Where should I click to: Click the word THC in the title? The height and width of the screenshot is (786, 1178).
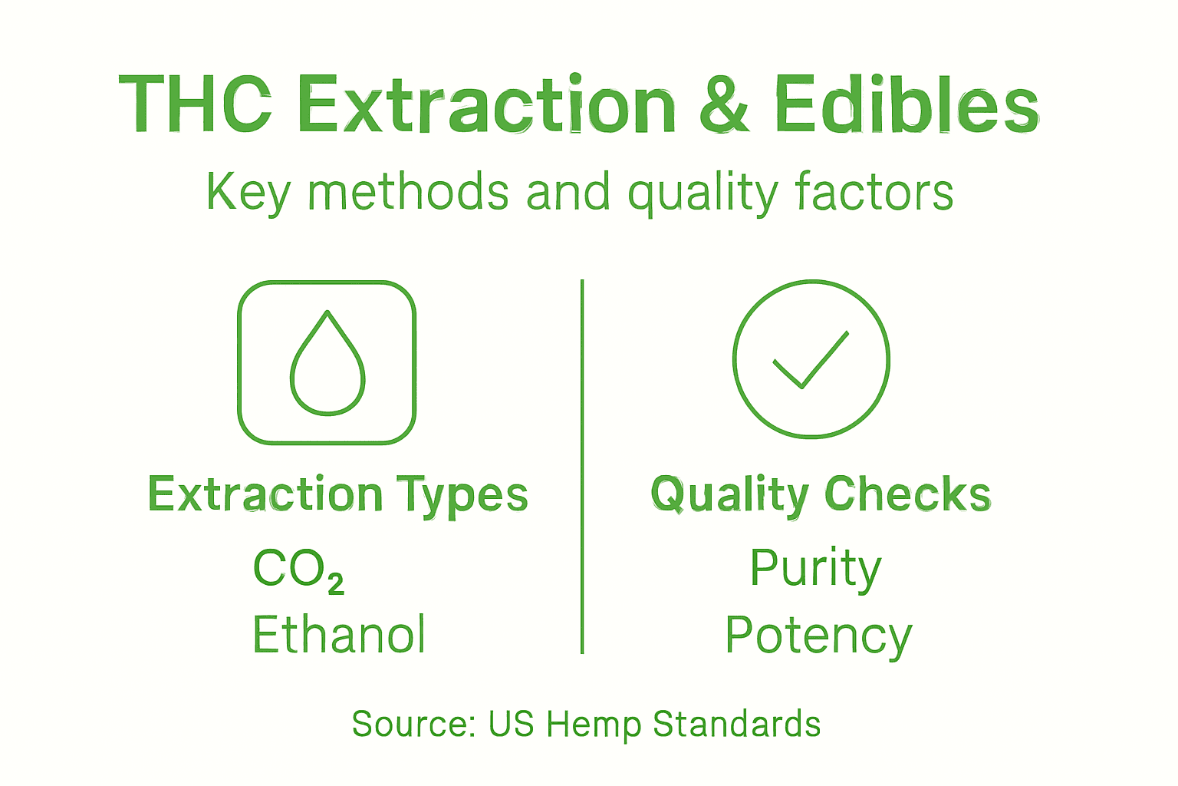point(196,104)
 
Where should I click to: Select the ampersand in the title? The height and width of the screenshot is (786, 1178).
point(724,104)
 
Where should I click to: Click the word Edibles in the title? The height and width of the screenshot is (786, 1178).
point(907,104)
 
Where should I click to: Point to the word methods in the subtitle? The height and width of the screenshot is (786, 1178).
point(408,192)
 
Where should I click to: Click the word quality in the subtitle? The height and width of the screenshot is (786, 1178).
point(703,193)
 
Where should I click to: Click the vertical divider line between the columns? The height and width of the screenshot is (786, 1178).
point(583,468)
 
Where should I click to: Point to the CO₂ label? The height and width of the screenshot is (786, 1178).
point(298,570)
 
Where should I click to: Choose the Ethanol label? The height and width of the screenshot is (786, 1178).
point(339,635)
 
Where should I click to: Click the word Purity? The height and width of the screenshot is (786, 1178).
point(815,570)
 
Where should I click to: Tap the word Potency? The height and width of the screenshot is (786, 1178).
point(818,636)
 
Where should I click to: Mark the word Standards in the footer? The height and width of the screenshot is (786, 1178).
point(737,724)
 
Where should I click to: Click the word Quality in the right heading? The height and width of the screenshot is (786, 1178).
point(729,495)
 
